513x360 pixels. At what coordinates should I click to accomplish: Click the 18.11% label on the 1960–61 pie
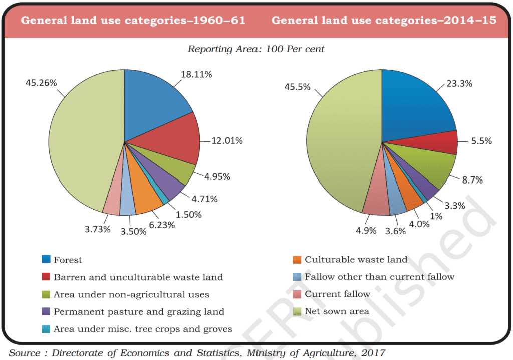[196, 74]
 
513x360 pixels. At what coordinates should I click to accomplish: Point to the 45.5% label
[297, 87]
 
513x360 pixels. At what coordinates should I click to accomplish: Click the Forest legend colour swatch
[46, 260]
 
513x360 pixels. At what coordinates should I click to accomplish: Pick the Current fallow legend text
[337, 294]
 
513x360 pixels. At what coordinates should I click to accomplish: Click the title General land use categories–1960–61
[133, 21]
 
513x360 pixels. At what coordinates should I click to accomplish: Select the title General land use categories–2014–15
[384, 21]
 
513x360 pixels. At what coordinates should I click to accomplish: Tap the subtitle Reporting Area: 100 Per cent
[256, 49]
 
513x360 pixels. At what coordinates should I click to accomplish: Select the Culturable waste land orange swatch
[297, 260]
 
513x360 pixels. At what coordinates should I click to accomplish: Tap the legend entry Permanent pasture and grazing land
[139, 312]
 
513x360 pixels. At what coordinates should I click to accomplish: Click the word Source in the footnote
[25, 353]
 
